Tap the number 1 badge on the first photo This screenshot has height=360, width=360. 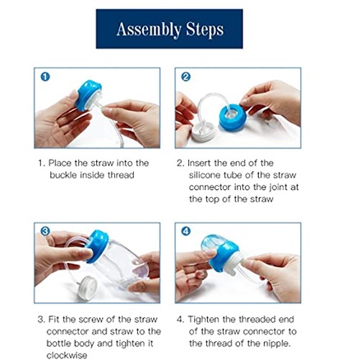pos(44,76)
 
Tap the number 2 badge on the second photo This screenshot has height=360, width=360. pos(185,76)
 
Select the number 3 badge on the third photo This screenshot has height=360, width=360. pos(45,232)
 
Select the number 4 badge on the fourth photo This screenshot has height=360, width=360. pos(185,232)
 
